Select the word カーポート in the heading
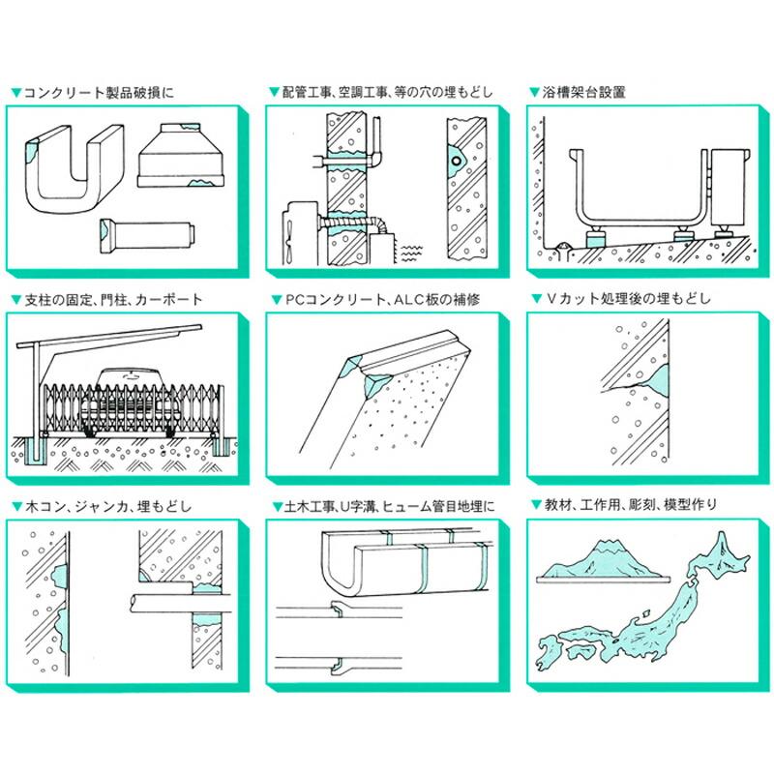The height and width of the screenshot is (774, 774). (170, 300)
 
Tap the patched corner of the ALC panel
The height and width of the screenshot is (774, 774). (370, 377)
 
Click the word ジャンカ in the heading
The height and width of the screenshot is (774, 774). (108, 506)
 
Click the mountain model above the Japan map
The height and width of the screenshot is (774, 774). (606, 563)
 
